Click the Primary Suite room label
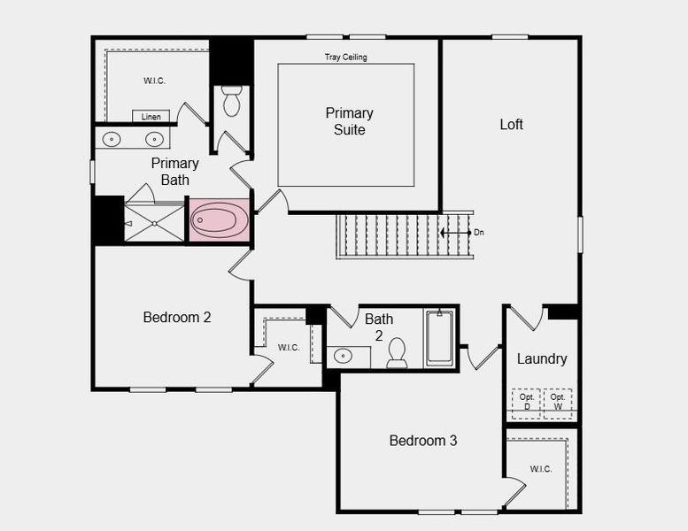tap(349, 121)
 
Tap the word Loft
tap(511, 124)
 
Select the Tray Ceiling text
tap(345, 58)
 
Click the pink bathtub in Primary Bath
tap(220, 220)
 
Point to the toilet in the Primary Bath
tap(231, 102)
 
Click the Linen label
tap(151, 116)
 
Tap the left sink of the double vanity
tap(112, 139)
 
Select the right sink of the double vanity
tap(154, 139)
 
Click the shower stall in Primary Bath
tap(153, 222)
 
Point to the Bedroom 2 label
tap(177, 317)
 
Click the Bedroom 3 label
tap(423, 440)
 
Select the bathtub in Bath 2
tap(439, 337)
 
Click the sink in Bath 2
tap(343, 356)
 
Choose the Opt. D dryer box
tap(526, 402)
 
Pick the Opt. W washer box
tap(558, 402)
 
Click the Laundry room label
tap(542, 358)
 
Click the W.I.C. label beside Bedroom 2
tap(289, 347)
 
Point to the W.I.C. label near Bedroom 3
tap(541, 468)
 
